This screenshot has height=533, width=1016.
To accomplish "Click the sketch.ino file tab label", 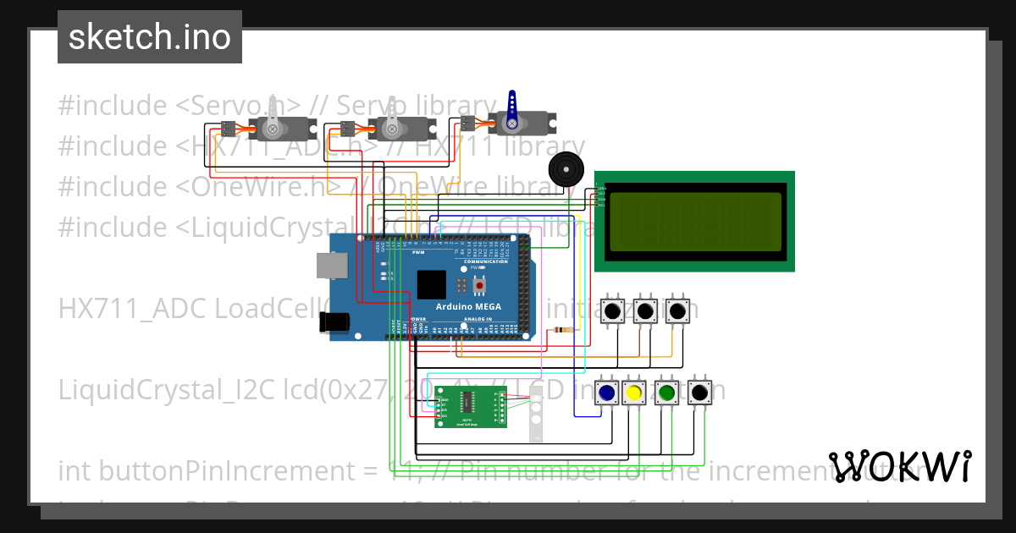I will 149,37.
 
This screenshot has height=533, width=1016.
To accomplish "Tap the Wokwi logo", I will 899,466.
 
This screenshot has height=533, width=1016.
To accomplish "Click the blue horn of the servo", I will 511,107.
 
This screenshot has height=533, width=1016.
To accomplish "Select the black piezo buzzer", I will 566,170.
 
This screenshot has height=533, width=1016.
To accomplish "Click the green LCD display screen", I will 694,222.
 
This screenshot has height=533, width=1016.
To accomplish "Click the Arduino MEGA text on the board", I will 468,306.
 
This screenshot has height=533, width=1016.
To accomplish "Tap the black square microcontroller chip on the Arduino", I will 432,284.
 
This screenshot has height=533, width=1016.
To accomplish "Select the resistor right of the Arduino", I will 560,330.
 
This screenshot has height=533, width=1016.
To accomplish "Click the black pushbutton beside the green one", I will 699,393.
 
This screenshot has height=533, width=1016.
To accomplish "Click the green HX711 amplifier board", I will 470,407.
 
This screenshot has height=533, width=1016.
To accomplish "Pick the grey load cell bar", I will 535,415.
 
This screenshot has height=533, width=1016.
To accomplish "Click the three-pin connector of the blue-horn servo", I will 467,123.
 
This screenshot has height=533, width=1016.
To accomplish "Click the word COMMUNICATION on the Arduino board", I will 486,261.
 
